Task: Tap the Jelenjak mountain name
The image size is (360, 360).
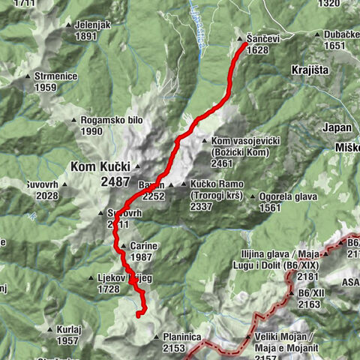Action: coord(92,25)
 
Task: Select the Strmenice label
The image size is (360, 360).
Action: coord(55,76)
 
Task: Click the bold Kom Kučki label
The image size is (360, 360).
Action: coord(100,166)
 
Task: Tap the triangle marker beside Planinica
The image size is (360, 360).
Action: coord(156,337)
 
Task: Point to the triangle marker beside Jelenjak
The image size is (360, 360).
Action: coord(69,25)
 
